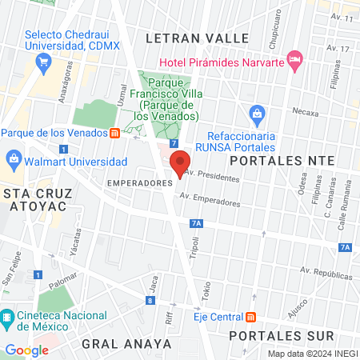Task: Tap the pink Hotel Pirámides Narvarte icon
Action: (x=295, y=58)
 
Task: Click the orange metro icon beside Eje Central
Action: (x=251, y=317)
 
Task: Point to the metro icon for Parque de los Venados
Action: (x=115, y=134)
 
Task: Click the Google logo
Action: (x=26, y=350)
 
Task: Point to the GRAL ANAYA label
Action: (x=126, y=343)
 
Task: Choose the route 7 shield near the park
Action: (x=174, y=143)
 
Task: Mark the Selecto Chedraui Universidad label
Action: (x=72, y=41)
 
